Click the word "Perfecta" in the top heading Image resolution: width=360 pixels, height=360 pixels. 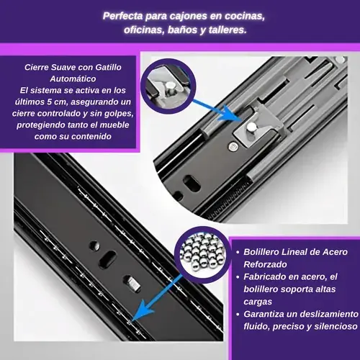(123, 16)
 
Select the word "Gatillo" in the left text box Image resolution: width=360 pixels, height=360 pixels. (108, 68)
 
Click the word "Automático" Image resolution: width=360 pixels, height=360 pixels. (73, 78)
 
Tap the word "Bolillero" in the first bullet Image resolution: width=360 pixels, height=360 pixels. (261, 252)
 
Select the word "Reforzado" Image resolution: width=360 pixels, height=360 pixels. (265, 264)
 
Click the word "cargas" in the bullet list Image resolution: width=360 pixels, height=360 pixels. (258, 302)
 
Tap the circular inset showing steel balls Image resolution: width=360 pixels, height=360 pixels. (203, 254)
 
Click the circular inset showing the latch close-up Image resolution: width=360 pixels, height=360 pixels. (168, 86)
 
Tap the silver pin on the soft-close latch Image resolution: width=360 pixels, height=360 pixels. (251, 127)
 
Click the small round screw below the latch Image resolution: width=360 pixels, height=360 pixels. (233, 146)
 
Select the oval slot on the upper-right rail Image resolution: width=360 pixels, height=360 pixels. (192, 184)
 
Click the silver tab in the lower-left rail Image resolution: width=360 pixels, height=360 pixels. (133, 284)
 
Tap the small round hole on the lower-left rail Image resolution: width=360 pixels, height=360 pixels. (94, 246)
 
